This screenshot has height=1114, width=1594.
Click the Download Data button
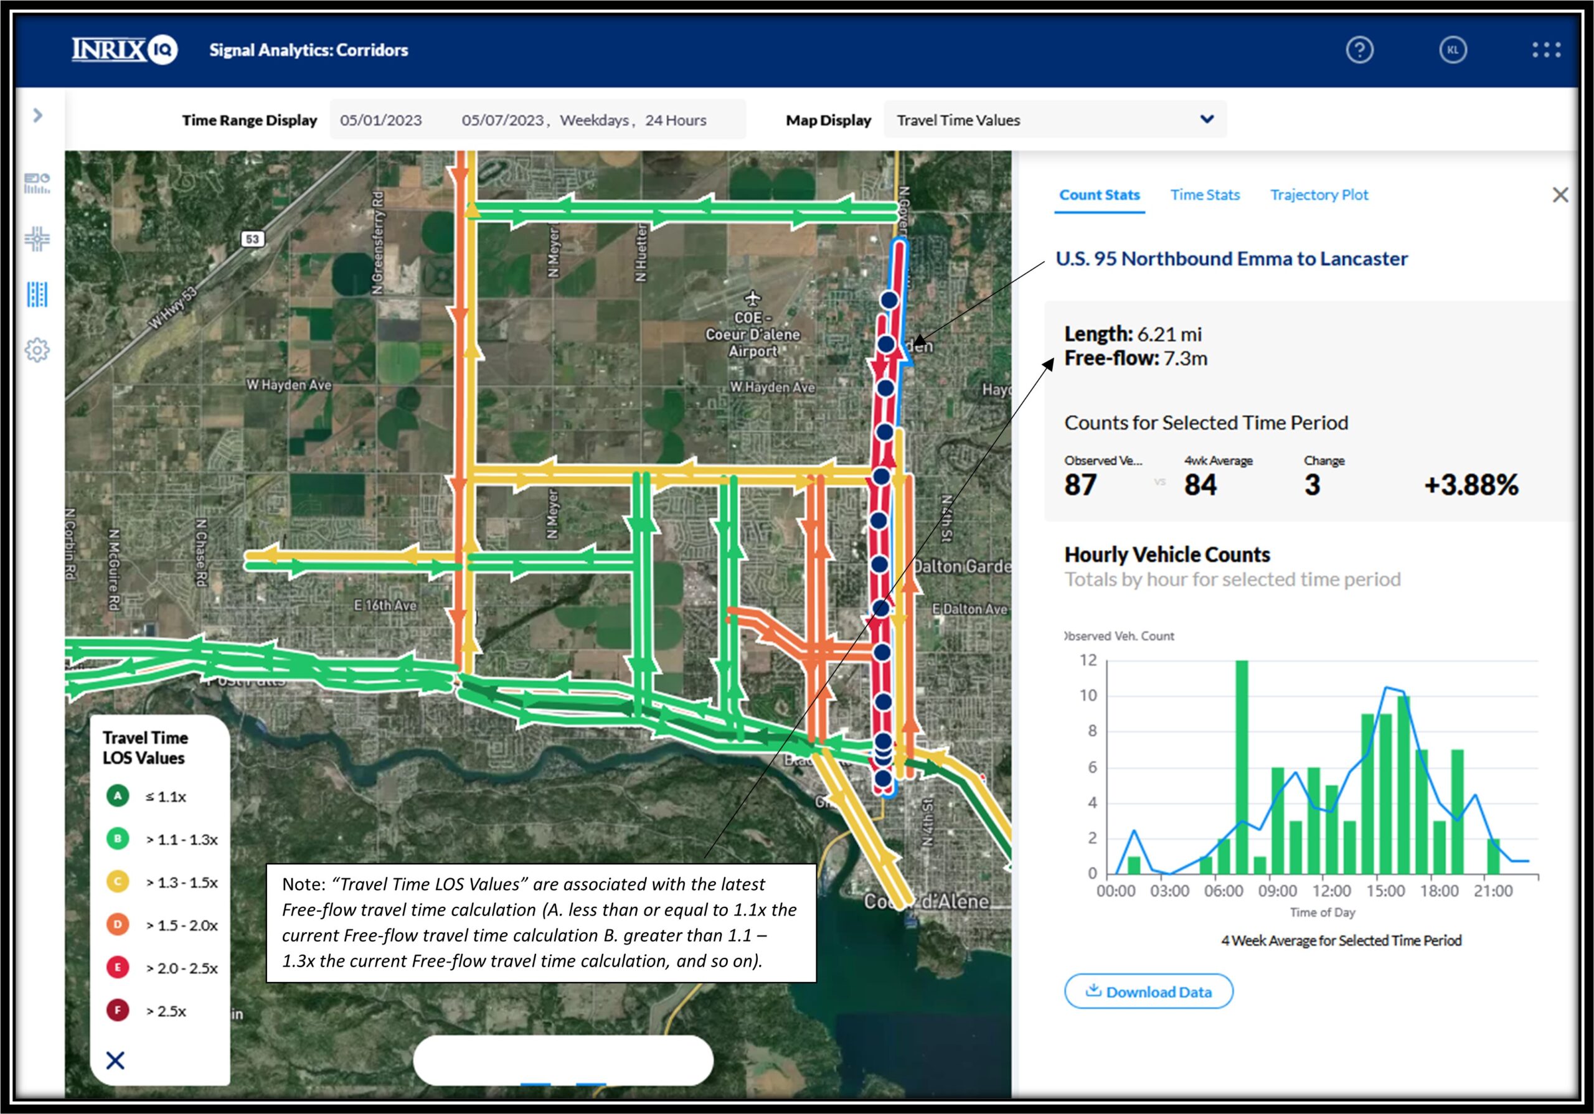click(1148, 991)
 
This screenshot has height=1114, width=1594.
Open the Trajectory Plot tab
click(1318, 195)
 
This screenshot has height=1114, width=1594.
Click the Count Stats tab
click(1099, 195)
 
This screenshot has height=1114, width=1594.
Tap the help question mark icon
click(1359, 50)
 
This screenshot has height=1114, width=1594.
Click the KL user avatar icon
click(1453, 50)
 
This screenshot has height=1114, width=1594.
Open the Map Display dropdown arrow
click(1207, 119)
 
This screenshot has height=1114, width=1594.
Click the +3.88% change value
click(1471, 484)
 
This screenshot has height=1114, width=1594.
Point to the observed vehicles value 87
click(1080, 484)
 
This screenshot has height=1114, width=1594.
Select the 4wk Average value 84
click(1200, 484)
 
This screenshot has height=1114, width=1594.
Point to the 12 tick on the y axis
click(1088, 660)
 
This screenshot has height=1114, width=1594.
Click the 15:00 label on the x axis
click(1385, 891)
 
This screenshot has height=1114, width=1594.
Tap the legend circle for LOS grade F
click(117, 1010)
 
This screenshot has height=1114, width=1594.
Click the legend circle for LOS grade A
click(117, 795)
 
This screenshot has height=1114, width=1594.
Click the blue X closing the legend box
click(115, 1060)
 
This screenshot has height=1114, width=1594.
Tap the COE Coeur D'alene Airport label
click(753, 334)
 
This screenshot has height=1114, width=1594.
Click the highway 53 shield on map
click(252, 239)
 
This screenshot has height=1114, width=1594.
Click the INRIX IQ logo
click(125, 50)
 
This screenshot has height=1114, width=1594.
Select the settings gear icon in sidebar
click(37, 350)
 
